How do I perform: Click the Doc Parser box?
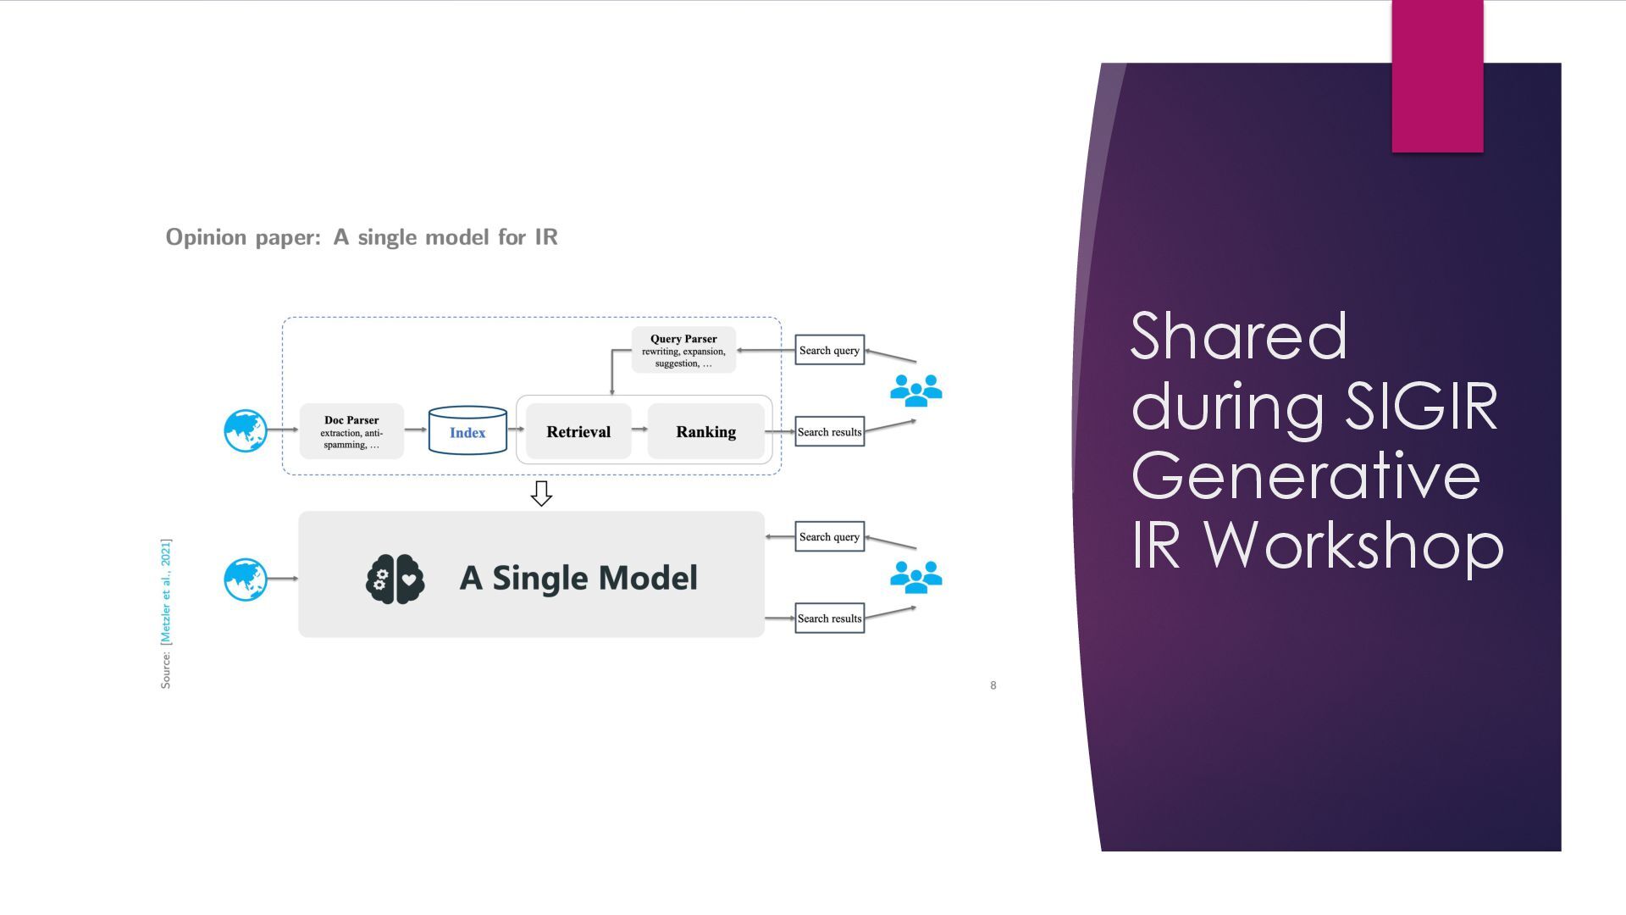point(351,431)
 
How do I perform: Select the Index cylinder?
point(467,430)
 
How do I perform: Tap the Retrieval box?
point(578,431)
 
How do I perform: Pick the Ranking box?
point(705,431)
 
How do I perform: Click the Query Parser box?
point(683,350)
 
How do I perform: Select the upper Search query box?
point(829,350)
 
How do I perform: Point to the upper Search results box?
point(829,431)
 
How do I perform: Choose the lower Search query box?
point(829,536)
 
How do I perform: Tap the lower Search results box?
point(829,618)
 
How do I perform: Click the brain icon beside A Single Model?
point(395,579)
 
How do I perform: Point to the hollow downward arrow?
point(541,493)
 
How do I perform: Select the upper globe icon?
point(246,430)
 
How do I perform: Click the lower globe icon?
point(246,579)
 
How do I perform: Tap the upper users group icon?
point(915,391)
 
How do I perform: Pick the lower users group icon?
point(915,577)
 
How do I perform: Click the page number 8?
point(993,685)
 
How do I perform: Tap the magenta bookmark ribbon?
point(1437,76)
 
